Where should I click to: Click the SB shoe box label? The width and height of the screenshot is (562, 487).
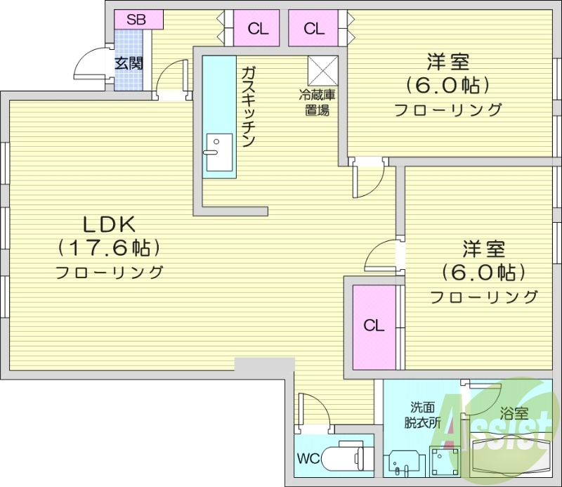(136, 20)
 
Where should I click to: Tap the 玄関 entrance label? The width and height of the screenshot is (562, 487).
(129, 64)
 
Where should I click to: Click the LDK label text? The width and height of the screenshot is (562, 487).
(109, 225)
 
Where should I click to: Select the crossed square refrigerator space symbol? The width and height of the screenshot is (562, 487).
(323, 70)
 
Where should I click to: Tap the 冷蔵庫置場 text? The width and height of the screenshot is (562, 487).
(318, 101)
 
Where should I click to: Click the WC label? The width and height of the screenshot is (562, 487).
(308, 459)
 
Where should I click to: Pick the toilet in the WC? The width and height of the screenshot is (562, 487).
(344, 458)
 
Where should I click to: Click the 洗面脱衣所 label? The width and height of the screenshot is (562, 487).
(422, 415)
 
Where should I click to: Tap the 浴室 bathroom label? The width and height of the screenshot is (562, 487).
(514, 414)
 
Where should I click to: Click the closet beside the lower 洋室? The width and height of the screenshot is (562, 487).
(374, 326)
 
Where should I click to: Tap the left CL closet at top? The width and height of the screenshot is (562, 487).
(259, 29)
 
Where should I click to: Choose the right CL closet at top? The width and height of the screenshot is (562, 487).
(314, 29)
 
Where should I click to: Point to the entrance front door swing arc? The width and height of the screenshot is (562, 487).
(87, 67)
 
